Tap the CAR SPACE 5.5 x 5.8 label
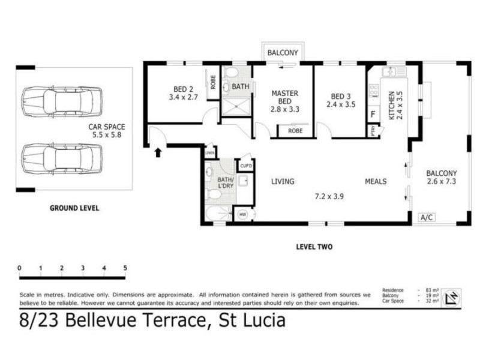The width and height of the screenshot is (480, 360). [x=107, y=131]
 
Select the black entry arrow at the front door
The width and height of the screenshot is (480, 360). [x=158, y=152]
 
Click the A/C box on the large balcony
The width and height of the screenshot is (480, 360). [x=427, y=217]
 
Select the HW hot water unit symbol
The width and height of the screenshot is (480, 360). [x=243, y=214]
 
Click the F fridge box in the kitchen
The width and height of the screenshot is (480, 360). [x=373, y=114]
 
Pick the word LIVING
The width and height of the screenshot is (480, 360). [x=282, y=181]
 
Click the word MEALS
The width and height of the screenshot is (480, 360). [x=376, y=181]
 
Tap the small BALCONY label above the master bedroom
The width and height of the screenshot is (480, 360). [x=282, y=53]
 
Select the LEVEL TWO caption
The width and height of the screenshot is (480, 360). [x=314, y=247]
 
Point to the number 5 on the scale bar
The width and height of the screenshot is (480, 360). [x=125, y=268]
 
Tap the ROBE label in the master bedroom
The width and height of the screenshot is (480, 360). [x=295, y=130]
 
